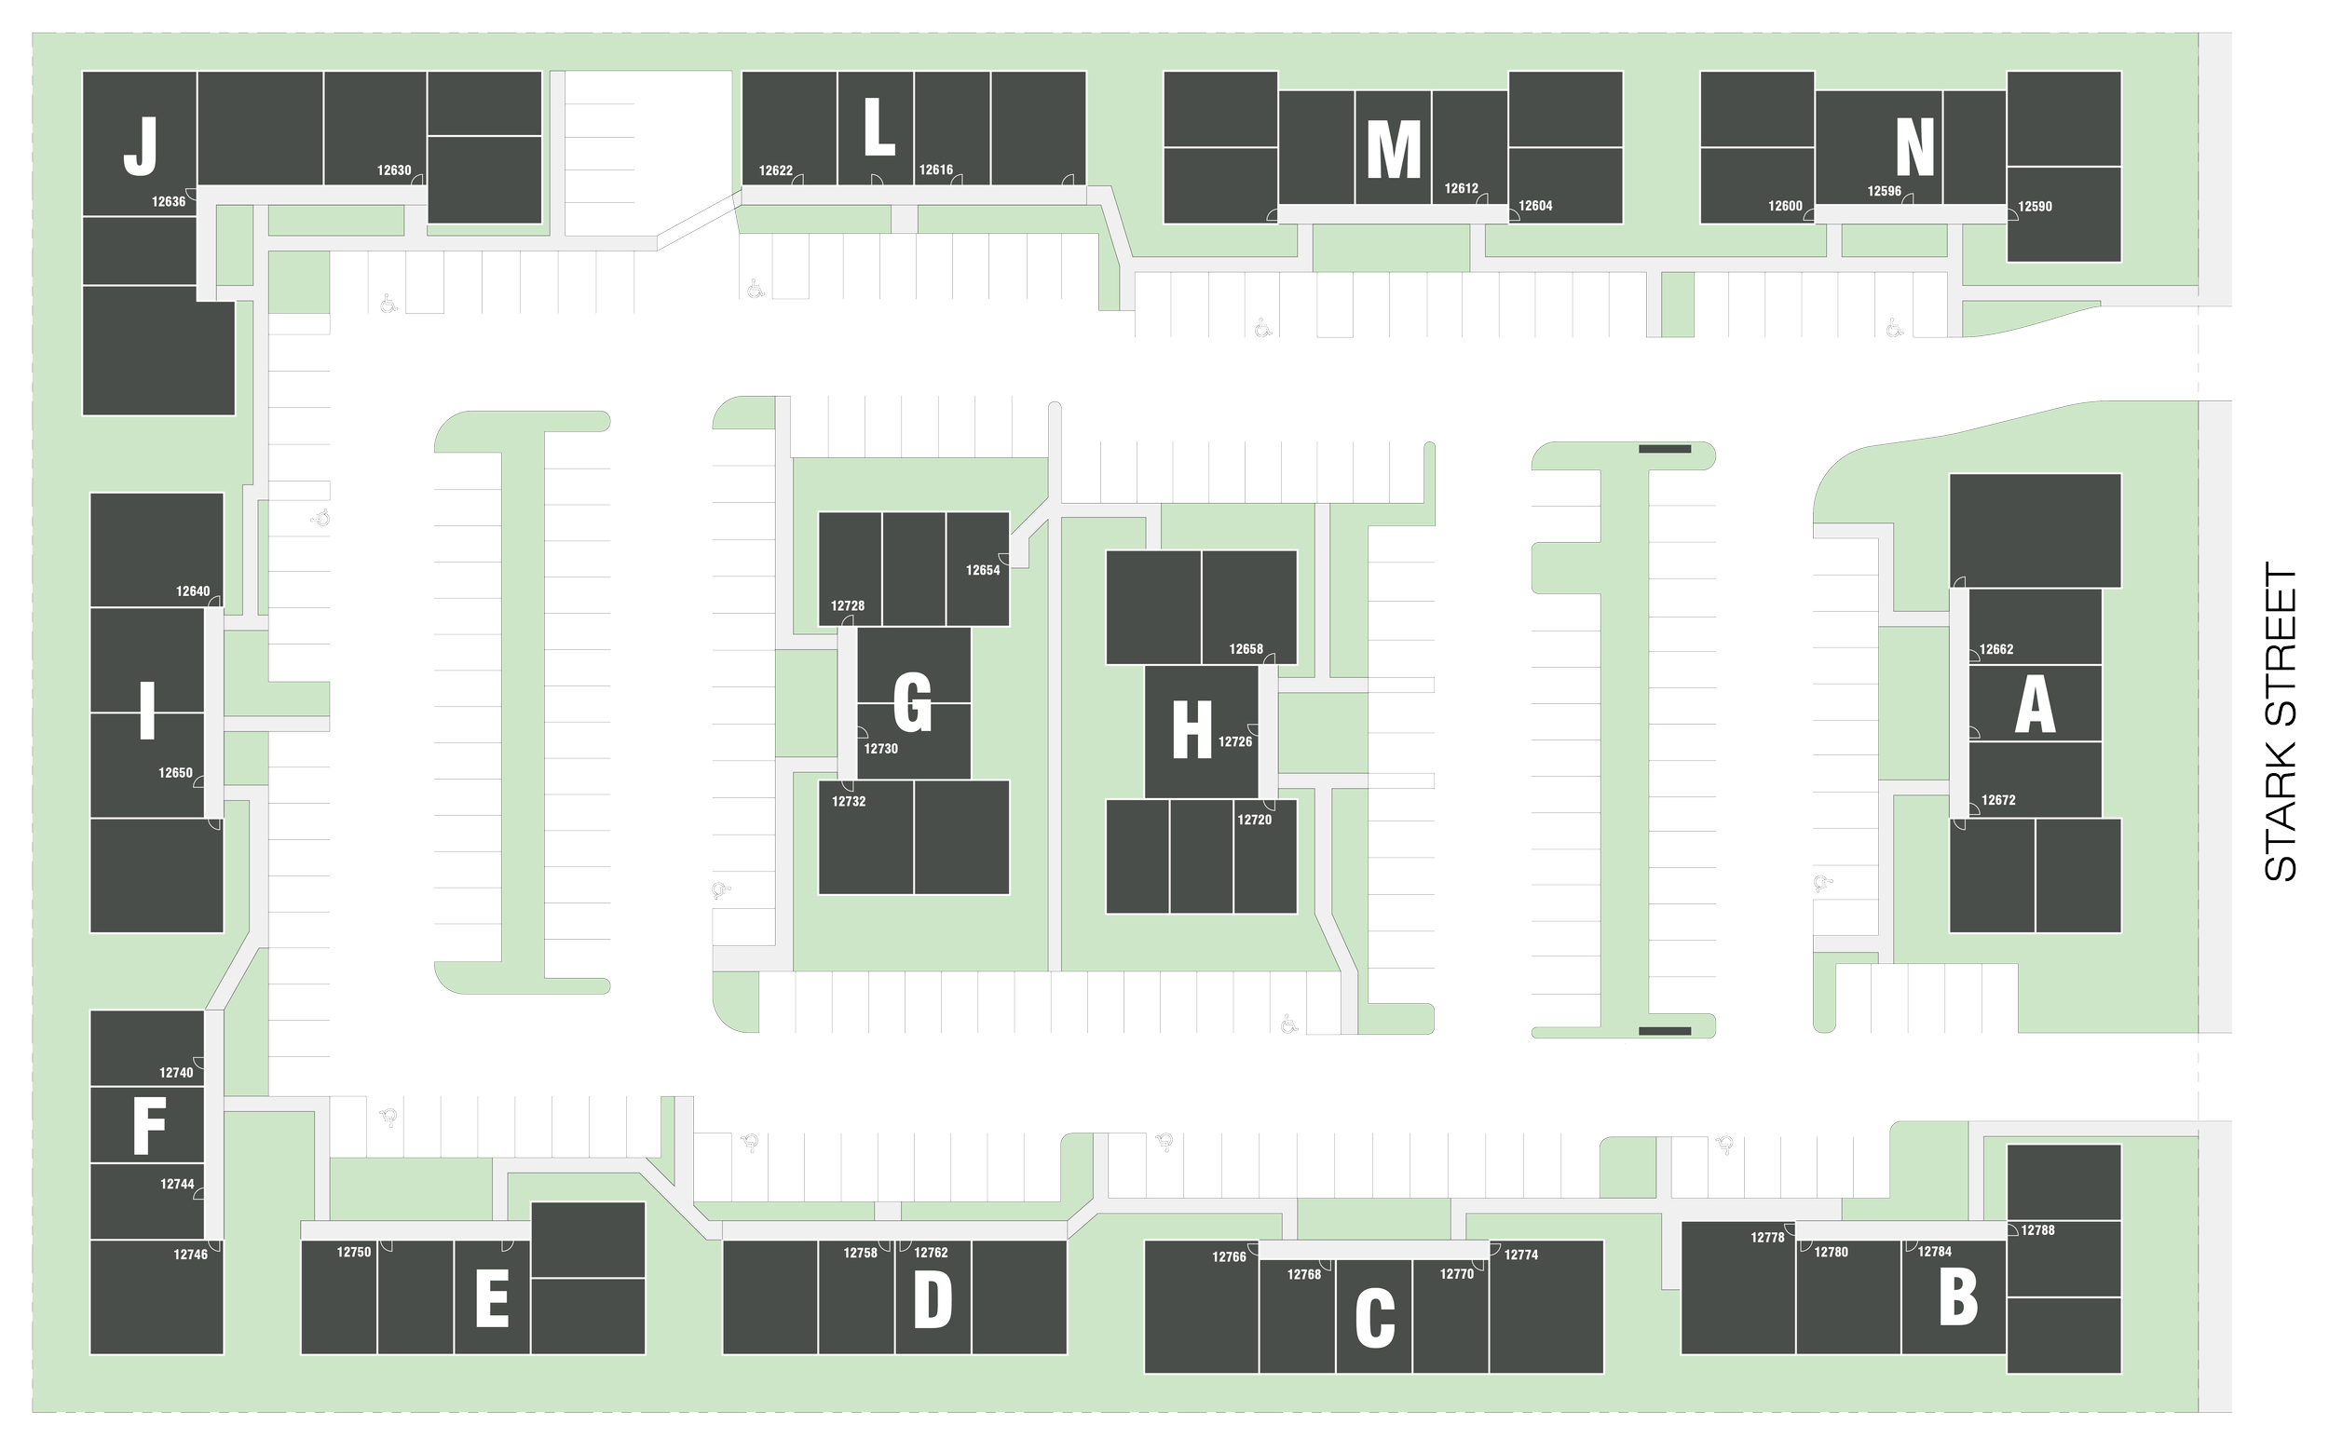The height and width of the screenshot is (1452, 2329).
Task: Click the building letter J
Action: tap(141, 146)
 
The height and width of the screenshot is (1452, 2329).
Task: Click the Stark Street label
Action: tap(2281, 721)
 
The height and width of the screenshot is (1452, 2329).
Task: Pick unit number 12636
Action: tap(168, 202)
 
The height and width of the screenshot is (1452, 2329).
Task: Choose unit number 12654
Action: tap(983, 570)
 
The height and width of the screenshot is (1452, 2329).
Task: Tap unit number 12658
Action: tap(1246, 649)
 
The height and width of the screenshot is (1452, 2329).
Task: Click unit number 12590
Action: tap(2035, 207)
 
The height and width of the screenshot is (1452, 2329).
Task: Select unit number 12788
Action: tap(2037, 1230)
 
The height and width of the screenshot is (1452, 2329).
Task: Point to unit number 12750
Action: tap(353, 1253)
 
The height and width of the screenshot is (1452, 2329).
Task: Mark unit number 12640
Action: tap(192, 591)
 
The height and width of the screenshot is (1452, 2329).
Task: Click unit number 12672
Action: tap(1997, 800)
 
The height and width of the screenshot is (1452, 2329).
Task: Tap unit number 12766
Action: tap(1229, 1257)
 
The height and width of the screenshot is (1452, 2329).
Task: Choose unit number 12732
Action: tap(848, 801)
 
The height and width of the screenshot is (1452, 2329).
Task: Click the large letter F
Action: tap(149, 1124)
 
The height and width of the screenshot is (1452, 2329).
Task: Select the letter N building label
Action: tap(1914, 148)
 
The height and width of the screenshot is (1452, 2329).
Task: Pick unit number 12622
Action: tap(775, 171)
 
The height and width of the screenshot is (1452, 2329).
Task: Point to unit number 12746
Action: tap(190, 1255)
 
